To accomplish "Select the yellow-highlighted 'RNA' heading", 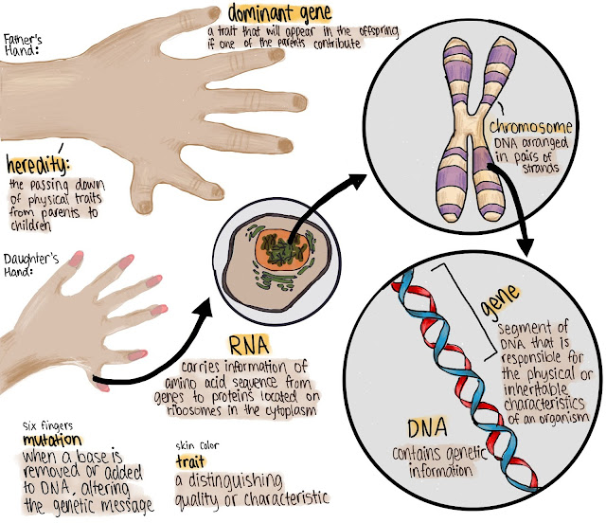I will pyautogui.click(x=248, y=343).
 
